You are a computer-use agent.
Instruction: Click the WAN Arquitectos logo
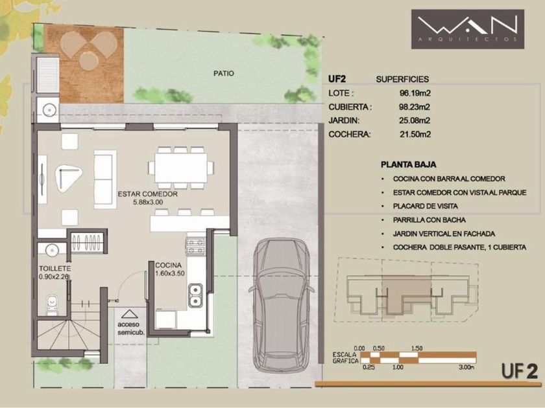(x=468, y=29)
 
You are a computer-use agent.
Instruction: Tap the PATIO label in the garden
(x=223, y=74)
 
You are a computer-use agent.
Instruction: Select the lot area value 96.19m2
(x=415, y=93)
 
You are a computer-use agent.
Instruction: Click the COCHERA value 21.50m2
(x=415, y=134)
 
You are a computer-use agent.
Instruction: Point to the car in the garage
(x=281, y=305)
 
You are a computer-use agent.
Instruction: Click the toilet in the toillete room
(x=52, y=304)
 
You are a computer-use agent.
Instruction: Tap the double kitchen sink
(x=195, y=295)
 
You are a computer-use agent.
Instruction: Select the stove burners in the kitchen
(x=195, y=246)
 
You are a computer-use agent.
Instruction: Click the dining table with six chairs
(x=181, y=168)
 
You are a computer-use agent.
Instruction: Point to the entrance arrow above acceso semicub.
(x=129, y=314)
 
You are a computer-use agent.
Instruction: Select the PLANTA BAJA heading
(x=408, y=164)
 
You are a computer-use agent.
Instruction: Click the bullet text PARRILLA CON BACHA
(x=430, y=220)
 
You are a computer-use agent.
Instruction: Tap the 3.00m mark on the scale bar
(x=466, y=367)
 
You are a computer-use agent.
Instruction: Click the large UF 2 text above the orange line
(x=520, y=371)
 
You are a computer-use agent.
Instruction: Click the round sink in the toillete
(x=52, y=250)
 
